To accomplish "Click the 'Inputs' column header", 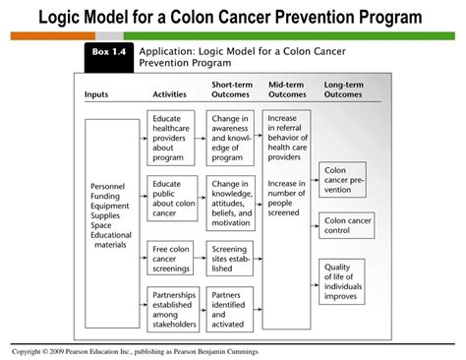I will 97,94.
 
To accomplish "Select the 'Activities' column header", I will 170,94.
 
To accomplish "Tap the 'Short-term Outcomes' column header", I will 232,90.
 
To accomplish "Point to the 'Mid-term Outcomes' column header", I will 288,90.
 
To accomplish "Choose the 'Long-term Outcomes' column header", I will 343,90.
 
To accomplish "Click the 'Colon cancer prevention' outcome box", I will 344,181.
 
